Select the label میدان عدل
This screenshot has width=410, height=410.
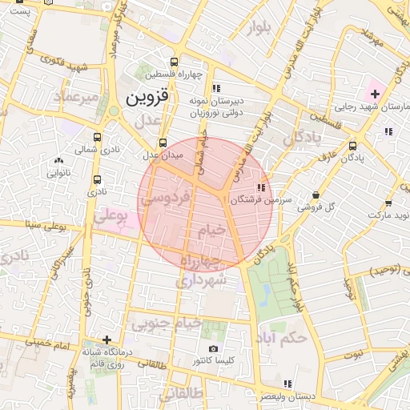click(163, 154)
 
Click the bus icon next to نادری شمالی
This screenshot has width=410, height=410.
click(98, 137)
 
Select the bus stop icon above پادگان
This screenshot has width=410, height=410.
click(353, 146)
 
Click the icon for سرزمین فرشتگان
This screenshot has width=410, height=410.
click(261, 187)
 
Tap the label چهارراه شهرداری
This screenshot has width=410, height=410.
click(203, 272)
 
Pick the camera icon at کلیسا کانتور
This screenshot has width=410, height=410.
click(213, 348)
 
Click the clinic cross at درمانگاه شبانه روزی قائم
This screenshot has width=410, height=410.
click(107, 340)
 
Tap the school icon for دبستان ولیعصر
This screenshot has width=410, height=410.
click(287, 384)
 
